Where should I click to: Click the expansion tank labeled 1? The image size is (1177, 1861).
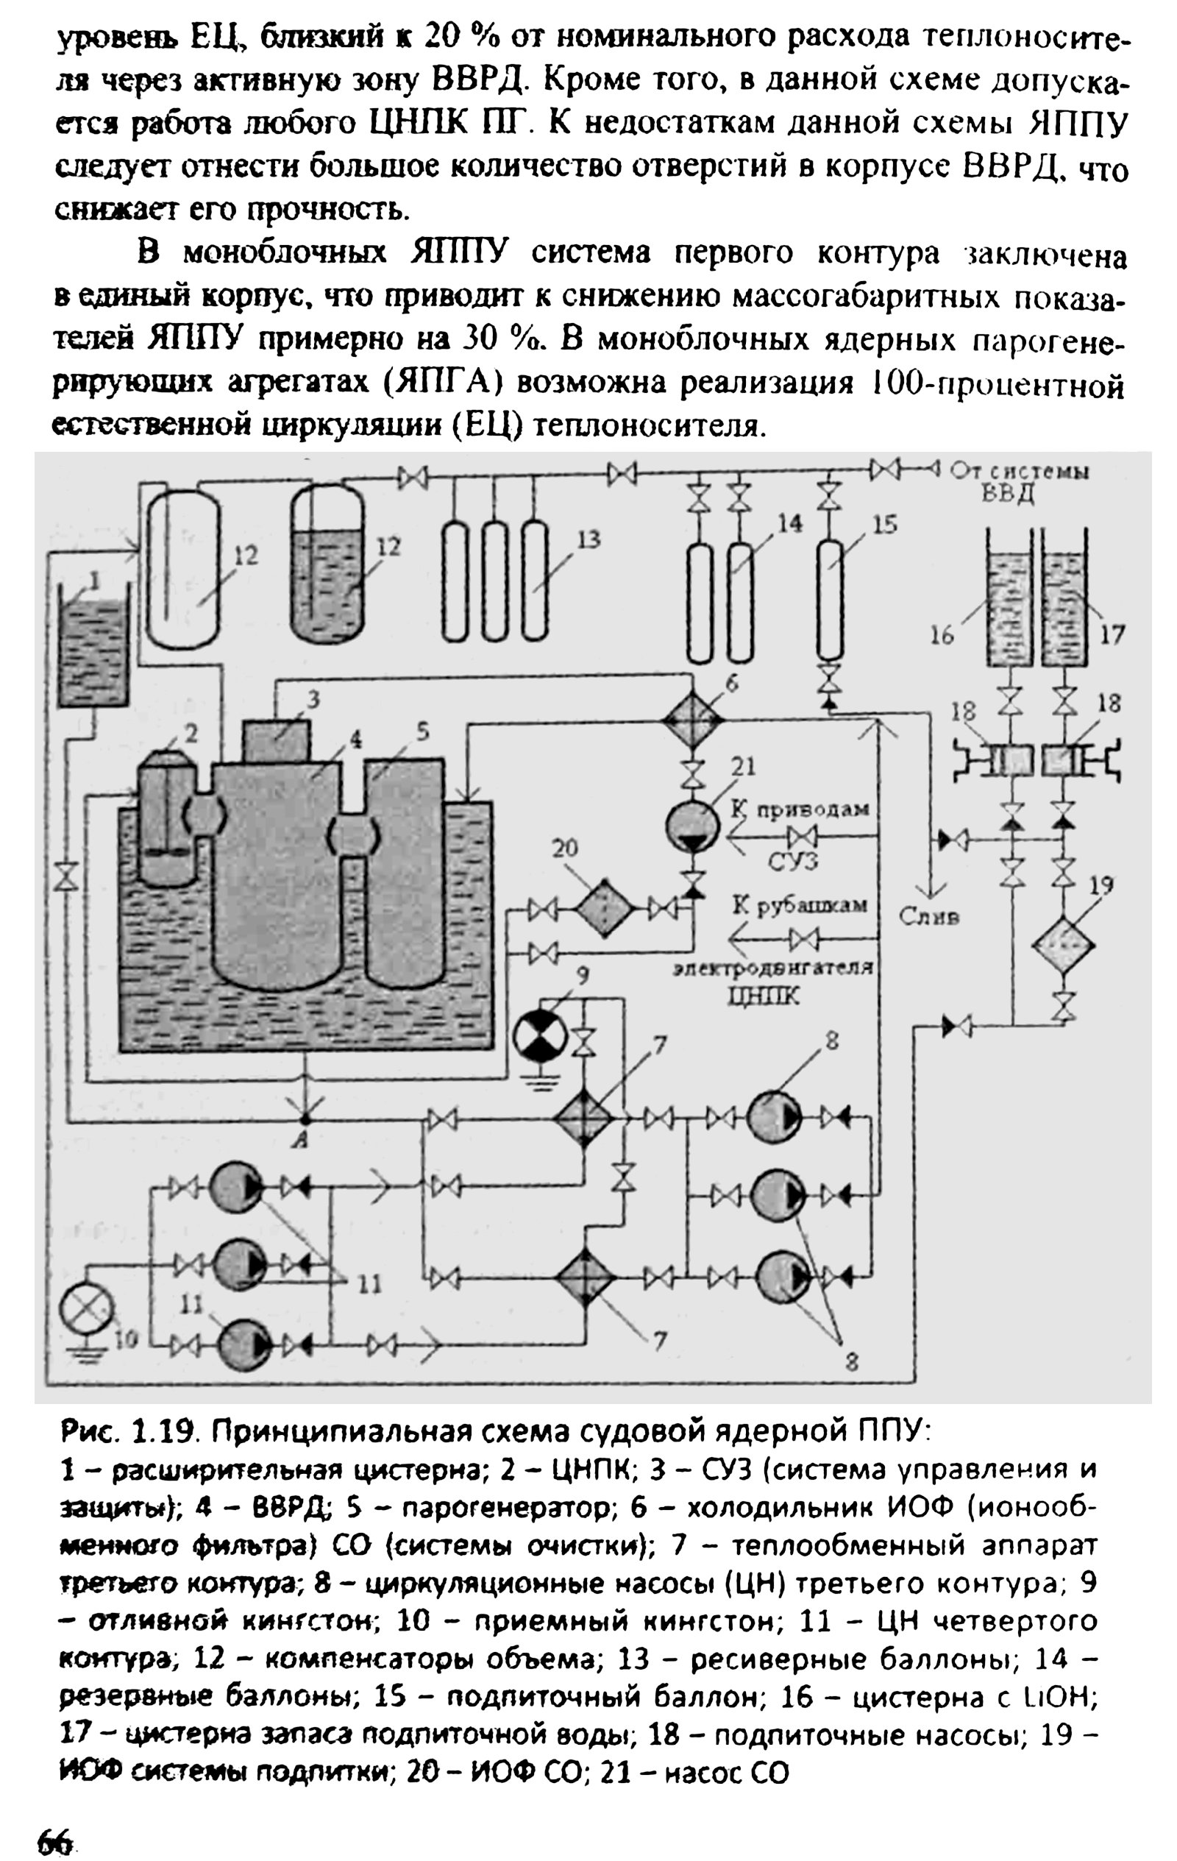(93, 646)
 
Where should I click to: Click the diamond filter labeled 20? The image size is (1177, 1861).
(605, 909)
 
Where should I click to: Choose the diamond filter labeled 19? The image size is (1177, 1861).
(1065, 945)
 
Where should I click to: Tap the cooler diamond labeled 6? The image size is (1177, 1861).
(693, 719)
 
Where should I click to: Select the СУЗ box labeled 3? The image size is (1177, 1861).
(276, 740)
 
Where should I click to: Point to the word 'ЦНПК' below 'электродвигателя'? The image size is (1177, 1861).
(764, 997)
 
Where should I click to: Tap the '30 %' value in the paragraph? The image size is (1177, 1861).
(493, 339)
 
